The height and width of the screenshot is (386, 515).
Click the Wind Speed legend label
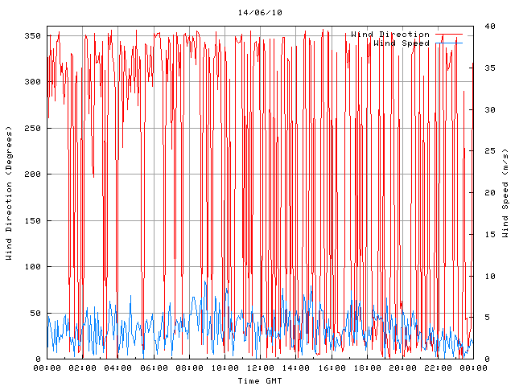tap(402, 43)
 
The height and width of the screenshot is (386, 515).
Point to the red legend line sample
tap(449, 35)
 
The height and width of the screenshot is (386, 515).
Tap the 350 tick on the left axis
tap(32, 35)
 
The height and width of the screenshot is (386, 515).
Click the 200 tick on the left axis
tap(32, 175)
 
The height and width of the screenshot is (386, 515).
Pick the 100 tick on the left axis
tap(32, 267)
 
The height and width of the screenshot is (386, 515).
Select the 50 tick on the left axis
tap(35, 314)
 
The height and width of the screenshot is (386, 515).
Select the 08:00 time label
tap(189, 368)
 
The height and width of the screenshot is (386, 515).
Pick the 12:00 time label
tap(260, 368)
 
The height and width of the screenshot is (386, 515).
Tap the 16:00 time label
tap(331, 368)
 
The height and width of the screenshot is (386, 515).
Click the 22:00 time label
tap(437, 368)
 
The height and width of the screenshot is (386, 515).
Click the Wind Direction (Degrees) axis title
tap(9, 193)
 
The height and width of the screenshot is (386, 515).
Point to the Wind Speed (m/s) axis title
tap(505, 193)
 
